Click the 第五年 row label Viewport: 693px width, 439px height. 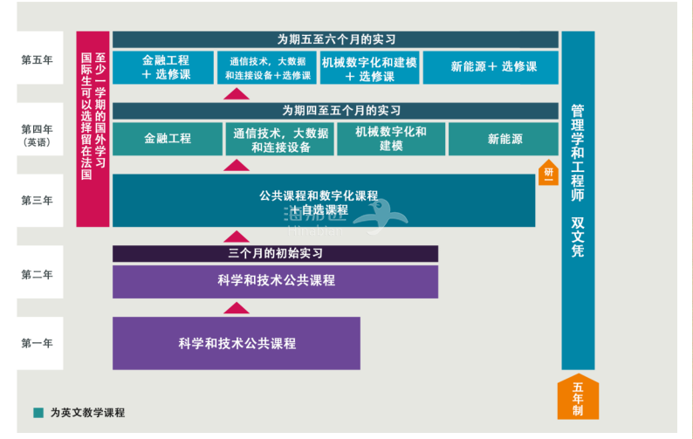tap(37, 60)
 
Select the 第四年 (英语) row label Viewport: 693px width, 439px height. tap(37, 134)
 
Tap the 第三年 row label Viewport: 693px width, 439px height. tap(37, 200)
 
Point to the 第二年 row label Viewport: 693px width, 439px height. tap(37, 274)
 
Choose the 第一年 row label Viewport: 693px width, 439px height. tap(37, 343)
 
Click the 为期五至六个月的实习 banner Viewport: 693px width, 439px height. tap(335, 39)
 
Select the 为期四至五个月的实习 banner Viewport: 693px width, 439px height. tap(335, 111)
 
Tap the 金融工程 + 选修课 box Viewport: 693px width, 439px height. tap(163, 68)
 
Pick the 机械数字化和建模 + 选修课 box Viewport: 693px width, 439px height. tap(369, 68)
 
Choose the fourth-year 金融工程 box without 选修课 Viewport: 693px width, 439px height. tap(167, 139)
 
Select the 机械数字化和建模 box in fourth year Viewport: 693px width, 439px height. tap(390, 139)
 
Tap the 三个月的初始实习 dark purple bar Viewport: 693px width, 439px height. tap(275, 253)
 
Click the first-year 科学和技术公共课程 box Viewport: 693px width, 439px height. tap(237, 343)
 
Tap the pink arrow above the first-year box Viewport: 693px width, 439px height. tap(237, 306)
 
